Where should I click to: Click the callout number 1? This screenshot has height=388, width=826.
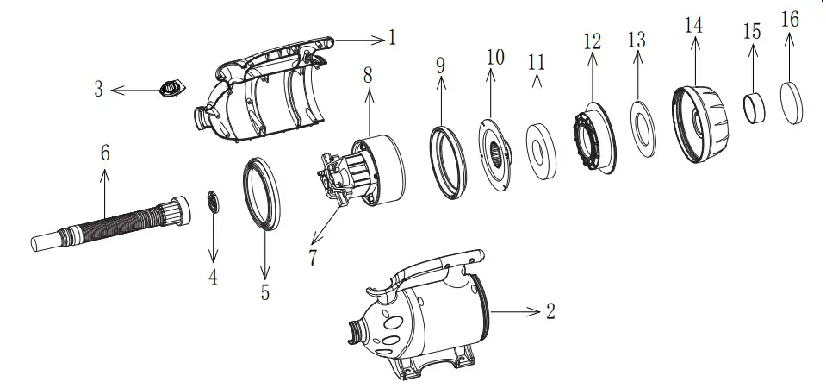coord(392,38)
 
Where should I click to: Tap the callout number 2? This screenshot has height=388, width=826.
coord(551,311)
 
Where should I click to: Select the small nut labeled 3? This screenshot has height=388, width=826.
coord(170,88)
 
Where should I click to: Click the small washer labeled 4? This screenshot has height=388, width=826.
coord(213,203)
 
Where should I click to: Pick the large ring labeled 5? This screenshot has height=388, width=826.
coord(264,195)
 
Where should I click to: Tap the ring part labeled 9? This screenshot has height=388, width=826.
coord(449,159)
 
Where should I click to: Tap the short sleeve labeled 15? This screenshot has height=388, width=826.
coord(755,109)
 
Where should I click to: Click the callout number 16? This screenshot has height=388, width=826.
coord(790,20)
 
